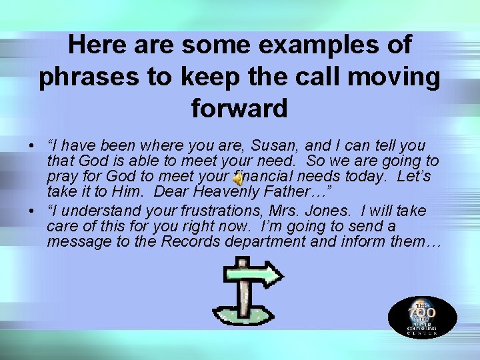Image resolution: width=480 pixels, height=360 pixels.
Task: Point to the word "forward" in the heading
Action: coord(239,108)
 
